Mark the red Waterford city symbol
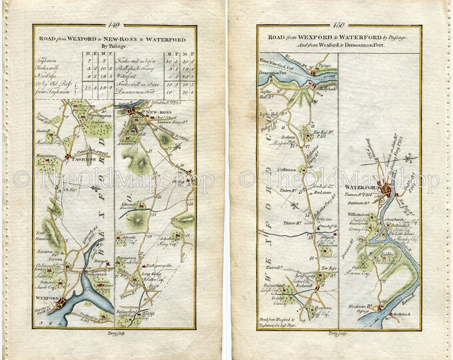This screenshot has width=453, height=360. point(384,189)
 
